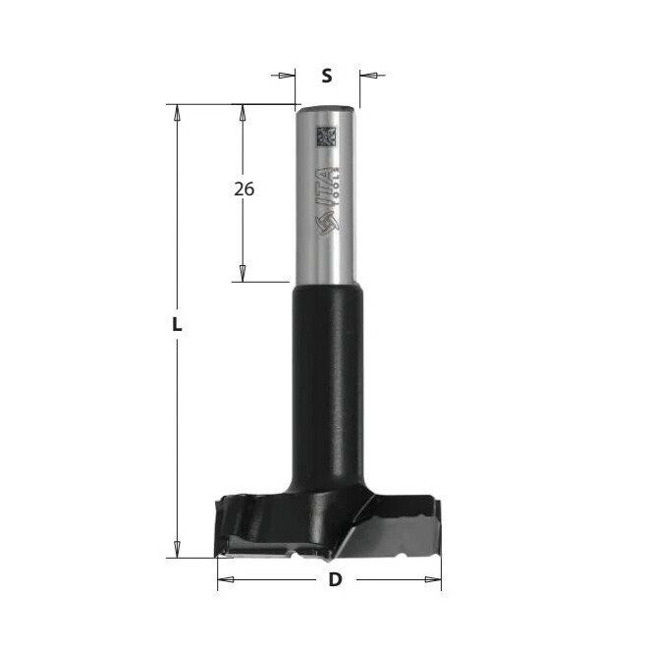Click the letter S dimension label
[327, 76]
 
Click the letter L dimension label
[177, 324]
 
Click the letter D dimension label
[335, 579]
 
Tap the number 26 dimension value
[243, 189]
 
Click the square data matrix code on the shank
[326, 136]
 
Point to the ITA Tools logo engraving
[329, 199]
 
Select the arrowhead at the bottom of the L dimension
[177, 550]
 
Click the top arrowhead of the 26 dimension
[243, 112]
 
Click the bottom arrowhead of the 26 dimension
[243, 274]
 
